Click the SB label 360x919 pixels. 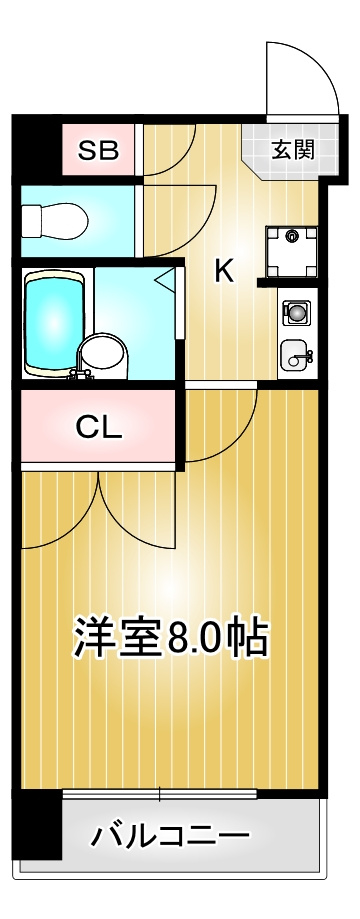pyautogui.click(x=99, y=151)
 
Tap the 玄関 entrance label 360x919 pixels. pyautogui.click(x=293, y=150)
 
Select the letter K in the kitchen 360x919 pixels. pyautogui.click(x=224, y=271)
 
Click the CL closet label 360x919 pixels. pyautogui.click(x=99, y=427)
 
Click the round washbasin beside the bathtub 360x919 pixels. pyautogui.click(x=101, y=353)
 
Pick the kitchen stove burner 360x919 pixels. pyautogui.click(x=297, y=313)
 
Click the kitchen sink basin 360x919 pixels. pyautogui.click(x=297, y=352)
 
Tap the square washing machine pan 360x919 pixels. pyautogui.click(x=292, y=250)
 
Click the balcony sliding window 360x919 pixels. pyautogui.click(x=160, y=795)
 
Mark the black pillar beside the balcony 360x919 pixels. pyautogui.click(x=37, y=824)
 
